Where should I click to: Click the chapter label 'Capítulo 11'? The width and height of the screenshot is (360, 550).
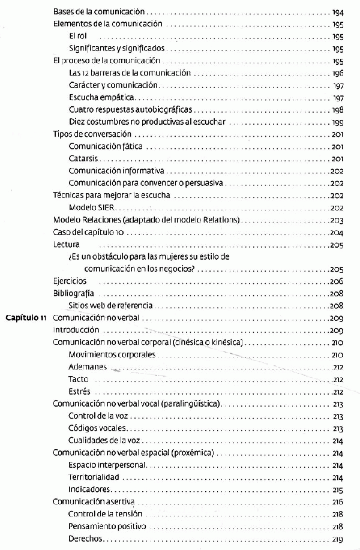click(26, 318)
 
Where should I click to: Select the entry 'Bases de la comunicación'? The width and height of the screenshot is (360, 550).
click(99, 11)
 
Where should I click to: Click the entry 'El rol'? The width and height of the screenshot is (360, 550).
click(79, 36)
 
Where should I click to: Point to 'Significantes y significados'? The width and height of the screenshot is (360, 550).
click(116, 48)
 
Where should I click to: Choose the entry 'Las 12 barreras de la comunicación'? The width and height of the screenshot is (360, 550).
click(130, 73)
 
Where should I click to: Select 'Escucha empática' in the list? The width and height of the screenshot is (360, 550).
click(103, 97)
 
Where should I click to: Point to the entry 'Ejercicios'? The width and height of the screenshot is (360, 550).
click(70, 281)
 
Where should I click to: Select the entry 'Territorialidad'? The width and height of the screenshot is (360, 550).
click(94, 477)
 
